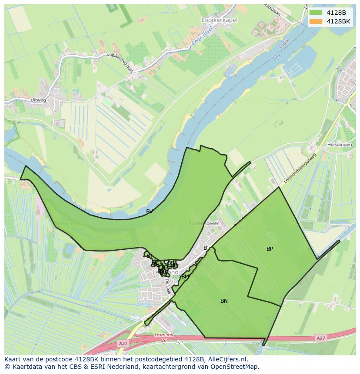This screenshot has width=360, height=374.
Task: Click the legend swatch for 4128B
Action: pyautogui.click(x=316, y=13)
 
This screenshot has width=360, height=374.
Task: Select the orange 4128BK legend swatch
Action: pyautogui.click(x=316, y=21)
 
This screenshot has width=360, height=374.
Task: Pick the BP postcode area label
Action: pyautogui.click(x=270, y=249)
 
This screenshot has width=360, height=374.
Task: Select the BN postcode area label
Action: pyautogui.click(x=224, y=301)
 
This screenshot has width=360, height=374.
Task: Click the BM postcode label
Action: pyautogui.click(x=185, y=277)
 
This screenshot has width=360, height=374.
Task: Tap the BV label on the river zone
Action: pyautogui.click(x=149, y=212)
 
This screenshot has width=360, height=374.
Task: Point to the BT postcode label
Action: pyautogui.click(x=150, y=256)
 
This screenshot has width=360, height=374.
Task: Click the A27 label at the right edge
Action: pyautogui.click(x=321, y=338)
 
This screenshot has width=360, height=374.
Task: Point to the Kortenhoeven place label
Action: pyautogui.click(x=204, y=223)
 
